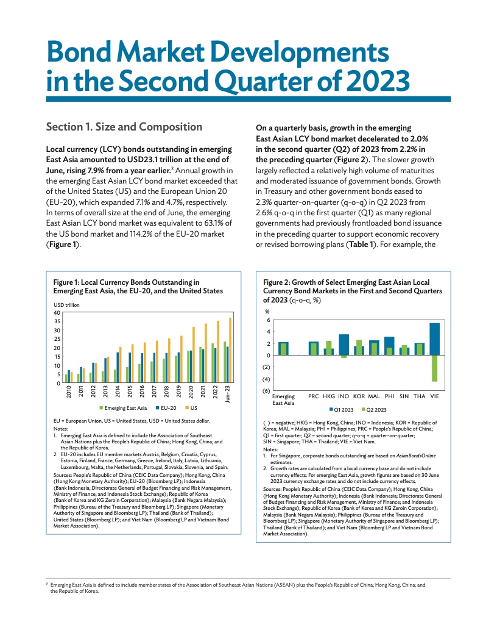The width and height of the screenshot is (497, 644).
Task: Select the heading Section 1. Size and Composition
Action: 124,127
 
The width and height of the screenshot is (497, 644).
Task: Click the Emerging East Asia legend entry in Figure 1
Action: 122,407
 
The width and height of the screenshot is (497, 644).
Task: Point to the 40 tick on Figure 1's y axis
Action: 57,313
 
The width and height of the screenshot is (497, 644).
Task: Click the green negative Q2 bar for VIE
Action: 435,368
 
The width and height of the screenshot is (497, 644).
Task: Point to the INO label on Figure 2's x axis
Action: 343,396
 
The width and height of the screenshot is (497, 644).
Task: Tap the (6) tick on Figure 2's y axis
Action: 267,390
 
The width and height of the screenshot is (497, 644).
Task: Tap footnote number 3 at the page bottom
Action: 47,584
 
